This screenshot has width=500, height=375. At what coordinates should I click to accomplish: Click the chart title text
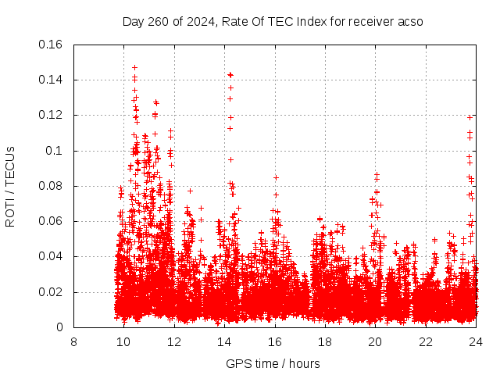pos(273,21)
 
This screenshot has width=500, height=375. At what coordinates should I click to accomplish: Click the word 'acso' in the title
pos(409,21)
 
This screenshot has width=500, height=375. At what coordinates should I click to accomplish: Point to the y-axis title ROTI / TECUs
pos(10,186)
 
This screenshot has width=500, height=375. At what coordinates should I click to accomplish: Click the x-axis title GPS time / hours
pos(273,363)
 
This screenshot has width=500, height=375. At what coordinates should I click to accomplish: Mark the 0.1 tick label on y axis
pos(56,151)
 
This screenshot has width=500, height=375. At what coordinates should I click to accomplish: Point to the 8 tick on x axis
pos(73,341)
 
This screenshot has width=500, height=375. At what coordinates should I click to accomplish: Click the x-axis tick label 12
pos(174,341)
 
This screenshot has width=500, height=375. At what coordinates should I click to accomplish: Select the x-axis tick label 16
pos(274,341)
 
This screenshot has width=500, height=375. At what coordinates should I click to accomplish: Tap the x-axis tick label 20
pos(375,341)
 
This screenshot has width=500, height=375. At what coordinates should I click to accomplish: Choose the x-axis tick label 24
pos(475,341)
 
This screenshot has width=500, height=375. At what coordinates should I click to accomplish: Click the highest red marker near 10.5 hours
pos(134,67)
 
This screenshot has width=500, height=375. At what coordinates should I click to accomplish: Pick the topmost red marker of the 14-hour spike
pos(230,74)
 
